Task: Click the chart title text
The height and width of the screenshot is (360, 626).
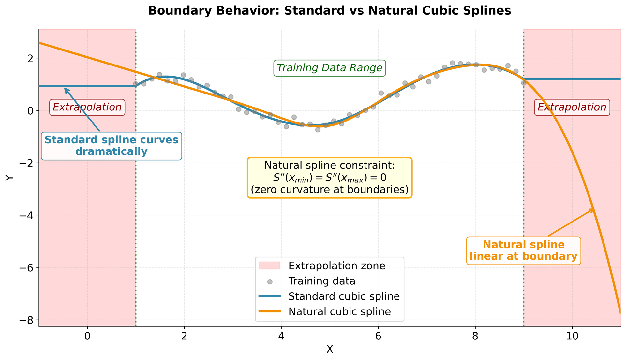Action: coord(329,11)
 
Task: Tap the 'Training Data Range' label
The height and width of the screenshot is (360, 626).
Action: coord(329,68)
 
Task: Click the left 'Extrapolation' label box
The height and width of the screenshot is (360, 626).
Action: coord(87,107)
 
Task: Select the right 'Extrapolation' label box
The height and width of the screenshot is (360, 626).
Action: coord(572,107)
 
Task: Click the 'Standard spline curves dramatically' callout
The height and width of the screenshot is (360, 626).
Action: coord(111,146)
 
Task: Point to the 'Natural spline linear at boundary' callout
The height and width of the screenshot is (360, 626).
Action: coord(523,251)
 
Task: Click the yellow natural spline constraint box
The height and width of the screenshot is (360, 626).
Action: coord(329,178)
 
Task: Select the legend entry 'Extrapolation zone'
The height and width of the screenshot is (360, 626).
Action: coord(336,266)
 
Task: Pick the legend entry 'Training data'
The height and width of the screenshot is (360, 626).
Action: coord(321,281)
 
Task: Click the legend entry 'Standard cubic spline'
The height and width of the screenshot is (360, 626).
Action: coord(344,296)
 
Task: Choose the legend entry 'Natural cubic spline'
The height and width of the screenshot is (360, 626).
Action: coord(339,311)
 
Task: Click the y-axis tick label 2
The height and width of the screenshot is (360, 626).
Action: coord(31,58)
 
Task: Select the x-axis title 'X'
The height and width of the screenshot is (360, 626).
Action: coord(329,350)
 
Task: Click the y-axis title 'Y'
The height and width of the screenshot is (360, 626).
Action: coord(9,178)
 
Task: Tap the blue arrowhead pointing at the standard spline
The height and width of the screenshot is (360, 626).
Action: coord(65,89)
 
